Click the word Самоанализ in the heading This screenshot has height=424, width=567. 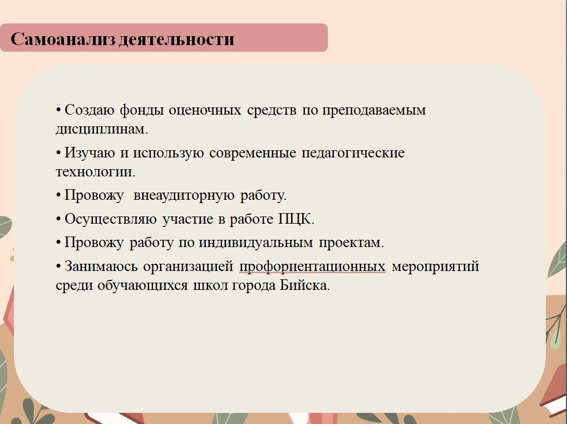pyautogui.click(x=63, y=39)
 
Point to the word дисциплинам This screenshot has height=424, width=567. pyautogui.click(x=102, y=129)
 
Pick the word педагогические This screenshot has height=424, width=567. pyautogui.click(x=353, y=152)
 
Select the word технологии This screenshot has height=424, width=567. pyautogui.click(x=95, y=171)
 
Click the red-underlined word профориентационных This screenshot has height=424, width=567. pyautogui.click(x=312, y=267)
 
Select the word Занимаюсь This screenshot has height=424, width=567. pyautogui.click(x=101, y=267)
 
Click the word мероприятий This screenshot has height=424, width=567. pyautogui.click(x=435, y=267)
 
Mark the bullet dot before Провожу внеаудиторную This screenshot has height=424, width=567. pyautogui.click(x=58, y=196)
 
